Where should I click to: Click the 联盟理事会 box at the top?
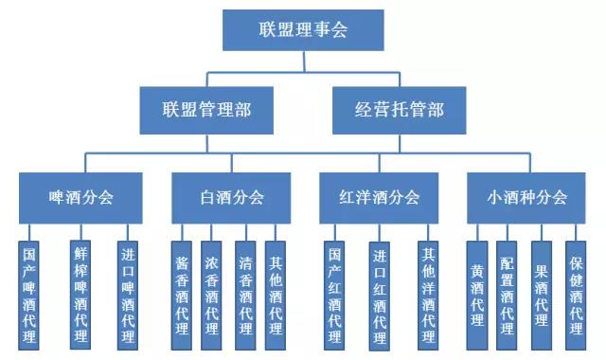coord(303,30)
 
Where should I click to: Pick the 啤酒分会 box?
coord(80,197)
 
